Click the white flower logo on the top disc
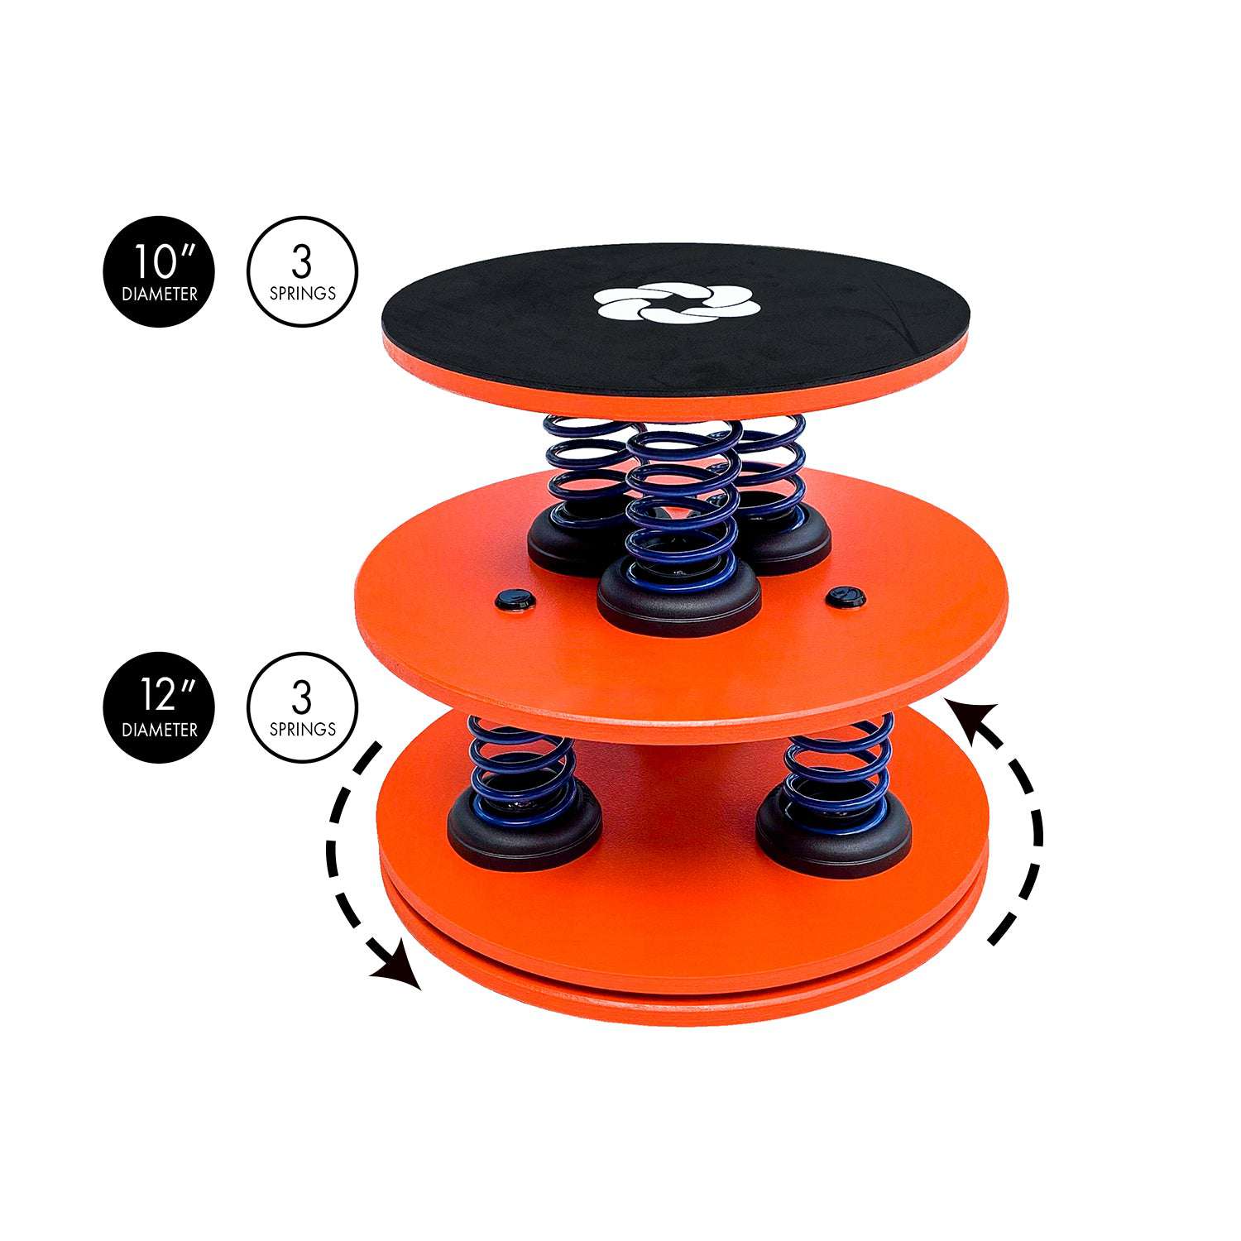coord(677,303)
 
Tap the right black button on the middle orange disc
coord(846,595)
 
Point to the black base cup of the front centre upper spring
coord(679,600)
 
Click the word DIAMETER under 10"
coord(160,294)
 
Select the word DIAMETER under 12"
coord(160,730)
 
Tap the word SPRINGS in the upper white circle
coord(303,294)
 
